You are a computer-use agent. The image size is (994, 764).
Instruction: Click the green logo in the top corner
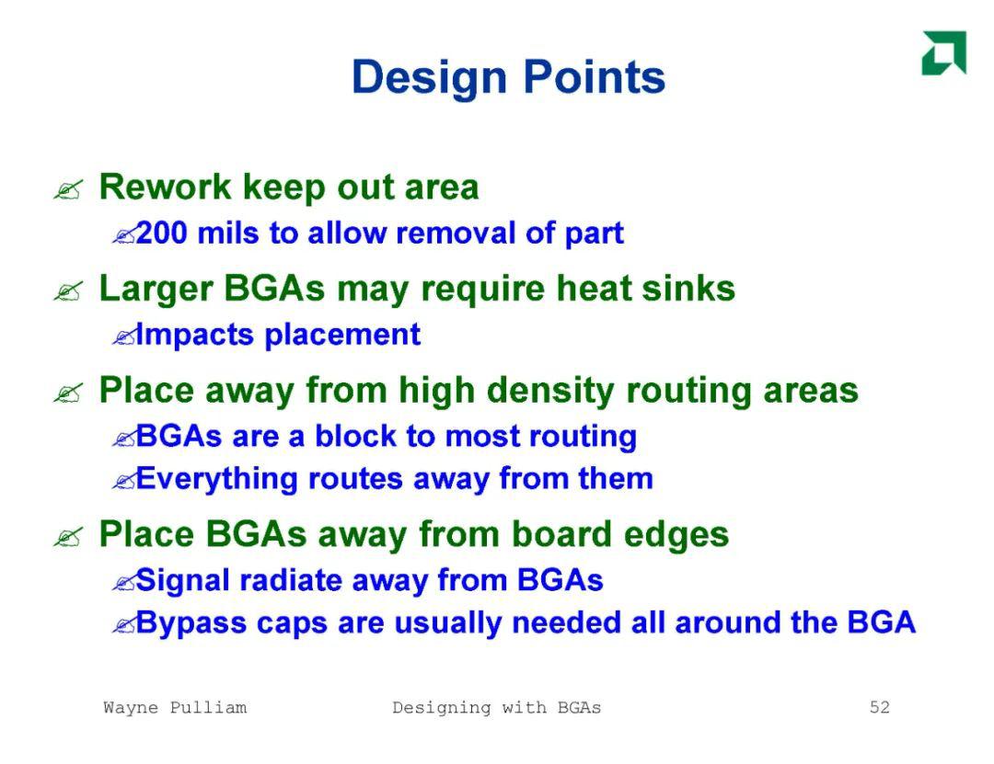[944, 52]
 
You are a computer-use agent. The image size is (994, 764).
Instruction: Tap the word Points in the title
[594, 76]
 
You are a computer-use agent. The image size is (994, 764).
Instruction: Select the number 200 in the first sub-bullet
[162, 233]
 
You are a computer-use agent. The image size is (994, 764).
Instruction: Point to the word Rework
[166, 187]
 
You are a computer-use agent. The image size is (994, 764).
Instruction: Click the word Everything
[217, 479]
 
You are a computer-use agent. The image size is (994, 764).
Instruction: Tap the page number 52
[879, 707]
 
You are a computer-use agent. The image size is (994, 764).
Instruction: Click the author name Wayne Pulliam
[175, 707]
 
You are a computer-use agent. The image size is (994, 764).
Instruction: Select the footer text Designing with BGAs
[496, 708]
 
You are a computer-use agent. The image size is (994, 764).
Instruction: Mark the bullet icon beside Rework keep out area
[68, 189]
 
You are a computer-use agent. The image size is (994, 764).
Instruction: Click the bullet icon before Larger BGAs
[68, 291]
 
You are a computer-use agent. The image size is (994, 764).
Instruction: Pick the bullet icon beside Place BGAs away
[68, 537]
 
